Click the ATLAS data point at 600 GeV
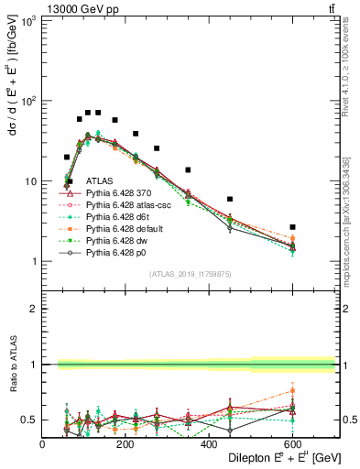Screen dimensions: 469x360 [292, 226]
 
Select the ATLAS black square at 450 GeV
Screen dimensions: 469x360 [230, 199]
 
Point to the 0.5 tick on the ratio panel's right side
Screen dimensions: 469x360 [348, 420]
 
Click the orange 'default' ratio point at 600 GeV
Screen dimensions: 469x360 [292, 391]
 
